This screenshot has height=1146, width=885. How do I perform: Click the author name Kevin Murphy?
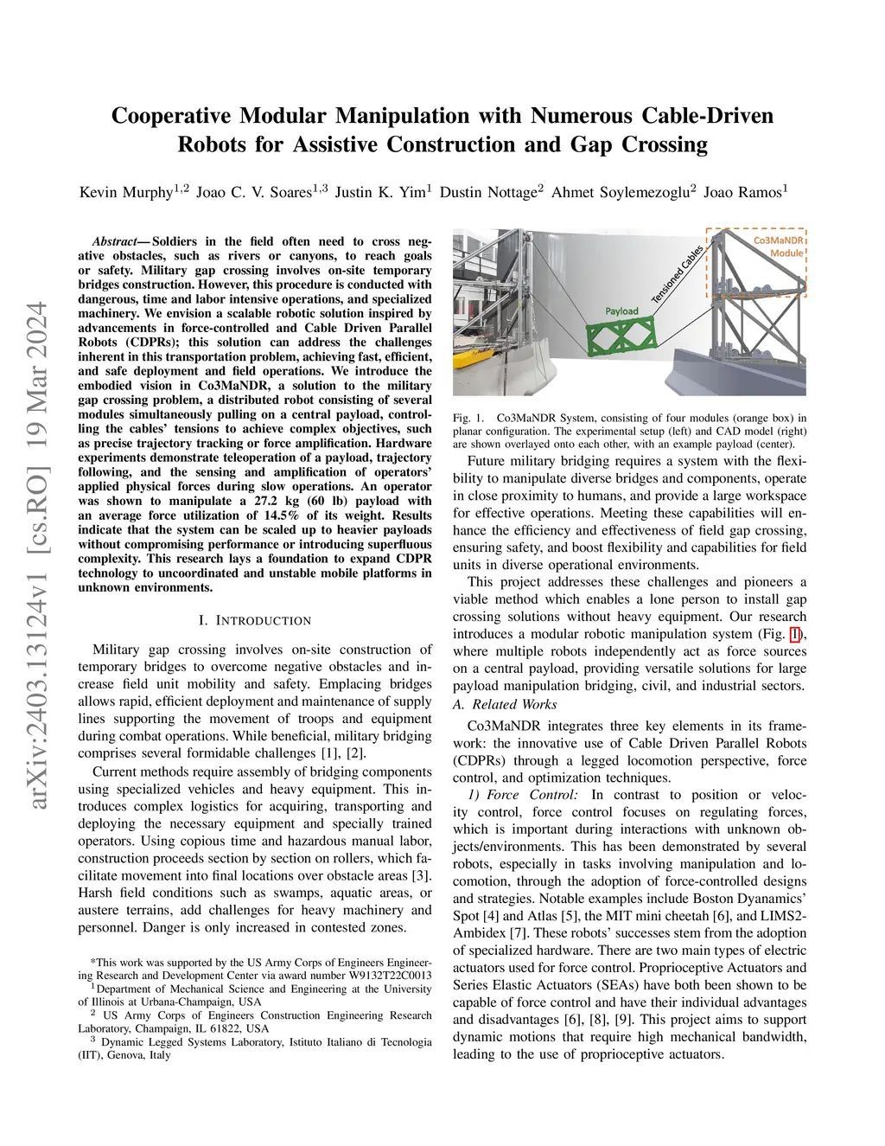(x=125, y=192)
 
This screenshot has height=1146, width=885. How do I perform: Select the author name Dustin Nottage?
(x=487, y=192)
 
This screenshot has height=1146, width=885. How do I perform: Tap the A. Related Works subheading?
(x=505, y=705)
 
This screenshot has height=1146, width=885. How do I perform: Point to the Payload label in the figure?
(x=621, y=311)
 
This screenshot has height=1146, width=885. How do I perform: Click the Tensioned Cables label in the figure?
(x=678, y=274)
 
